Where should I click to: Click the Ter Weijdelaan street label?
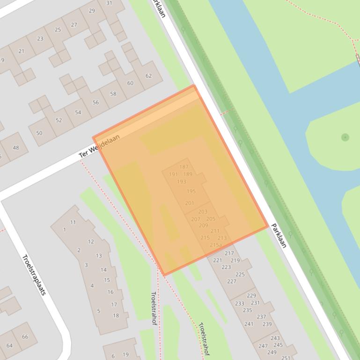[x=99, y=145]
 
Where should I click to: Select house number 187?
[x=184, y=167]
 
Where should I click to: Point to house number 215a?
[x=216, y=245]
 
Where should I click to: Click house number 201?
[x=190, y=203]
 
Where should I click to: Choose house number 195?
[x=191, y=191]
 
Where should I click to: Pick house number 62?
[x=148, y=76]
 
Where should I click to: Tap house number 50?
[x=39, y=133]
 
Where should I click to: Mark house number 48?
[x=16, y=148]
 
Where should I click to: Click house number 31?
[x=109, y=3]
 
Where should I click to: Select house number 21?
[x=21, y=51]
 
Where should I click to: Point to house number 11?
[x=73, y=223]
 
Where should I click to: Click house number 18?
[x=116, y=316]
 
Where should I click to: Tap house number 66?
[x=25, y=337]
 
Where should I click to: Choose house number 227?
[x=232, y=281]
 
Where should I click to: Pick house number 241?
[x=249, y=324]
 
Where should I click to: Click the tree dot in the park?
[x=345, y=137]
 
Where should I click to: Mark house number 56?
[x=96, y=102]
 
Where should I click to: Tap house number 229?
[x=251, y=295]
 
